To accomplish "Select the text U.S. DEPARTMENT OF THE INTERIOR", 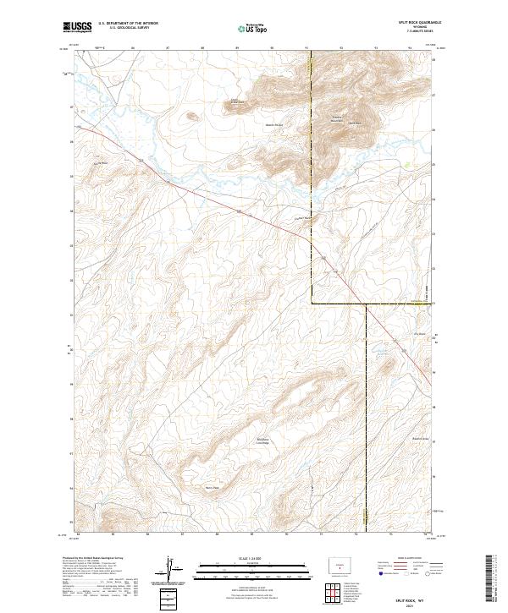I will coord(128,23).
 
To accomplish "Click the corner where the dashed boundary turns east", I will coord(312,302).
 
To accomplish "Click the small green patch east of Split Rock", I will coord(409,166).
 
